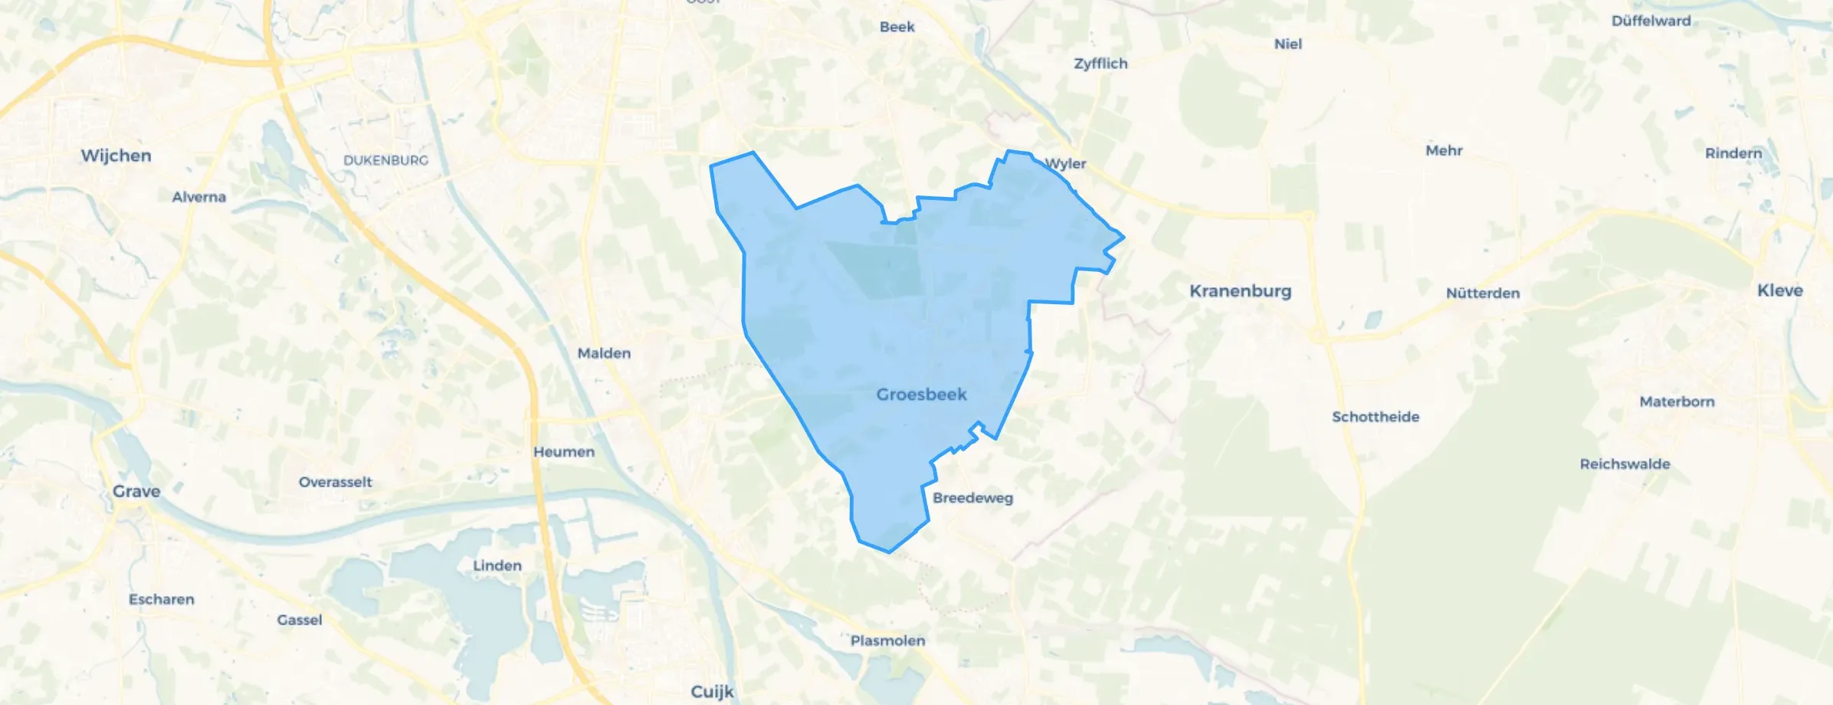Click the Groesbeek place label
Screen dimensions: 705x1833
coord(921,395)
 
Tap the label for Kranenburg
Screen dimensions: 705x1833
coord(1240,291)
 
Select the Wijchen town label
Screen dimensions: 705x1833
coord(116,156)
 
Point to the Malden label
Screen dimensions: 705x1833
coord(604,353)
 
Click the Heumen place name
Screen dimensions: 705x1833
coord(564,452)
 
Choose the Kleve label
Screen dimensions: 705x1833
coord(1779,290)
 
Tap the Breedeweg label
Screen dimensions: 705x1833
coord(972,498)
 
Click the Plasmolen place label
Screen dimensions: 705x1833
coord(887,641)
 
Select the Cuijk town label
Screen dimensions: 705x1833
coord(712,691)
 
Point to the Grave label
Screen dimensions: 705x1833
coord(136,491)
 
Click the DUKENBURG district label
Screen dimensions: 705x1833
coord(385,160)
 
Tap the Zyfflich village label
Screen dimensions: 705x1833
coord(1100,64)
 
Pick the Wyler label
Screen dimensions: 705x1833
coord(1066,163)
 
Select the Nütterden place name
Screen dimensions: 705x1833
coord(1483,293)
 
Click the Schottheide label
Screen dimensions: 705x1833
coord(1376,417)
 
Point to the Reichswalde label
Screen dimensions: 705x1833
coord(1625,464)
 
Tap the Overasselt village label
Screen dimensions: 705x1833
coord(336,482)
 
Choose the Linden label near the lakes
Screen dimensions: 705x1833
coord(497,566)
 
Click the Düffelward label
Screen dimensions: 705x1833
coord(1651,21)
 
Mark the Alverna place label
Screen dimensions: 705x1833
coord(199,197)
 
